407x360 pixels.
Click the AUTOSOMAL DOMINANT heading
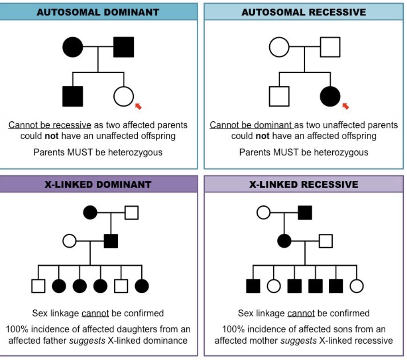(98, 12)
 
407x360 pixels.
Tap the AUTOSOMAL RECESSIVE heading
(304, 12)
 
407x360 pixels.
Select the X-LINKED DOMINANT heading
(98, 184)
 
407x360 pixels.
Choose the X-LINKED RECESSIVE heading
(304, 184)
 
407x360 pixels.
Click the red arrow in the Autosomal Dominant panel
(138, 106)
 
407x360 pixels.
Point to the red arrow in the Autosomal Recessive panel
(345, 106)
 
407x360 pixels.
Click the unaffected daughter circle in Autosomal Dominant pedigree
(124, 96)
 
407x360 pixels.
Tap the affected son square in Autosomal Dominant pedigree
(72, 96)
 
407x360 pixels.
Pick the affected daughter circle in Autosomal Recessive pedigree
(330, 96)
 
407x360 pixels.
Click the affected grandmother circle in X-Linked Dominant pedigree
(90, 213)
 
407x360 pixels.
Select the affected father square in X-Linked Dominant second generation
(111, 241)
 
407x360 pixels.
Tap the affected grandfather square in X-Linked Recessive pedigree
(305, 213)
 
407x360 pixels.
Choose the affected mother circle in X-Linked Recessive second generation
(284, 241)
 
